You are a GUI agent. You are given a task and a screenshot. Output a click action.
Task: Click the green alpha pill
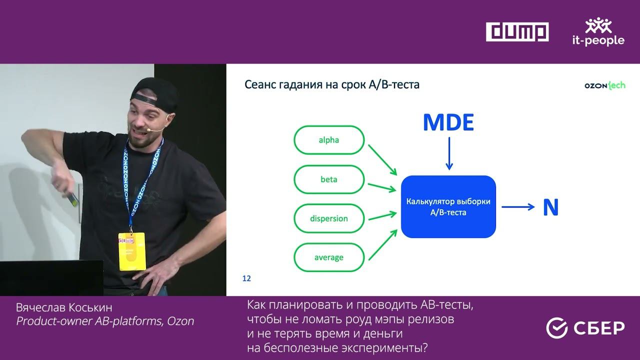[329, 140]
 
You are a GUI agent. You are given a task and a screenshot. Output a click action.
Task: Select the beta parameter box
[329, 179]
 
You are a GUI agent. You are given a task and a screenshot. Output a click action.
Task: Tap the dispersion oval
[329, 218]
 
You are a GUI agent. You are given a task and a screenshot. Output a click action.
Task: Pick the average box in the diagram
[329, 257]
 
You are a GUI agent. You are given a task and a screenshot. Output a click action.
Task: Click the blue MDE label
[448, 122]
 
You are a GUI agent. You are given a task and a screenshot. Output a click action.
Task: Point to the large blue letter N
[550, 207]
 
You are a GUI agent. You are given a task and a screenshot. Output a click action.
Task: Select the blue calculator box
[448, 206]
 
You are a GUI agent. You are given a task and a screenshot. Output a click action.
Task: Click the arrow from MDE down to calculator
[449, 153]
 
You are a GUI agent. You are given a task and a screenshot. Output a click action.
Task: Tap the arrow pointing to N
[518, 207]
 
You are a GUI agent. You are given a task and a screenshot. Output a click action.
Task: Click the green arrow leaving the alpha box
[382, 160]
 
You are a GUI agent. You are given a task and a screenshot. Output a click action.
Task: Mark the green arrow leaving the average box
[383, 245]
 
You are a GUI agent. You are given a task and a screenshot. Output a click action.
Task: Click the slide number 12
[246, 278]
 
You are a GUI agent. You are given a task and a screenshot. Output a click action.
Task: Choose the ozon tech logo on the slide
[605, 85]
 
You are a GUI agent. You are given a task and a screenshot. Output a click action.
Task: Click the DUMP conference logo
[517, 31]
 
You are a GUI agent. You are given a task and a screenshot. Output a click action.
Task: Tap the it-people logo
[598, 31]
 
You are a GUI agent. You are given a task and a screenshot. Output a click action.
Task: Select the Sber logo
[585, 327]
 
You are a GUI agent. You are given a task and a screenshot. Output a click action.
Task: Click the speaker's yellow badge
[132, 251]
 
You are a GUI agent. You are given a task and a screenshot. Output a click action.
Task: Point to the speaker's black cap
[154, 94]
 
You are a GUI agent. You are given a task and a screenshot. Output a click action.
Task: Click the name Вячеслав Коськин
[64, 307]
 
